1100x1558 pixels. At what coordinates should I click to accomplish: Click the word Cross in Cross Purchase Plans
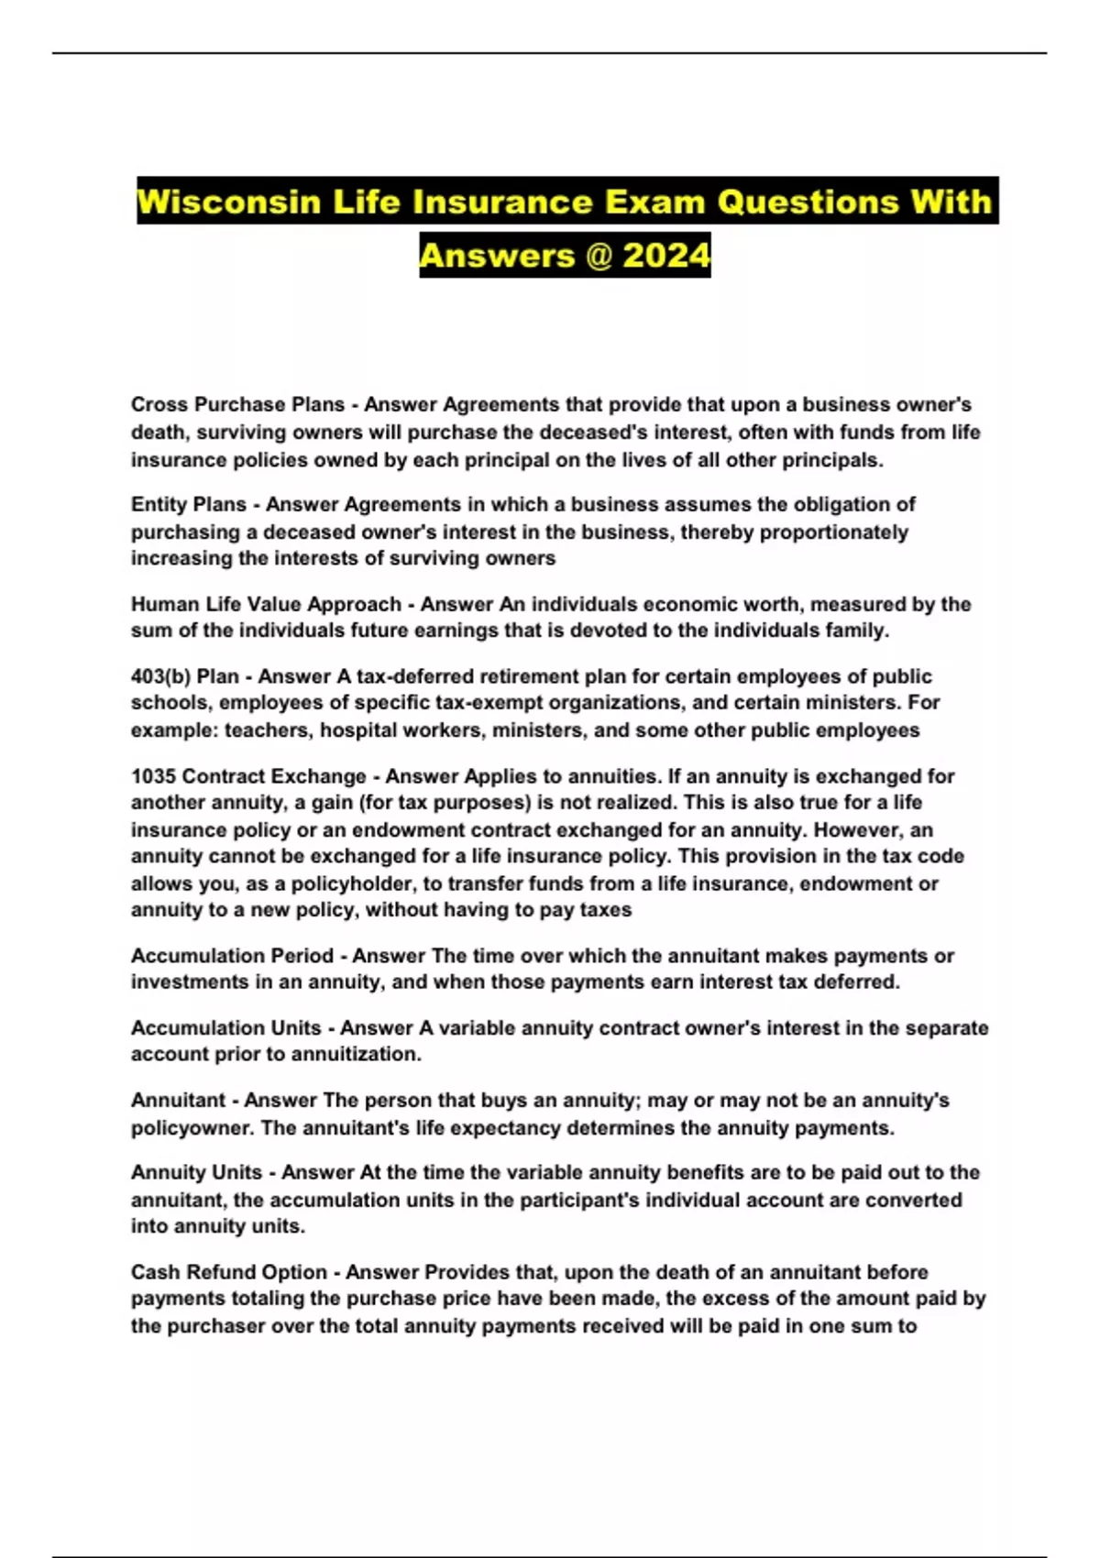(x=159, y=404)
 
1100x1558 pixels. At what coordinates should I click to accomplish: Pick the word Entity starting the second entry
(x=161, y=504)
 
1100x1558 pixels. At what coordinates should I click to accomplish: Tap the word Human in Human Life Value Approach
(x=161, y=604)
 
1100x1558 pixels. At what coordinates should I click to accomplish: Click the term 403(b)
(x=160, y=676)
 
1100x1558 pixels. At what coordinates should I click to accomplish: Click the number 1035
(x=153, y=776)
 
